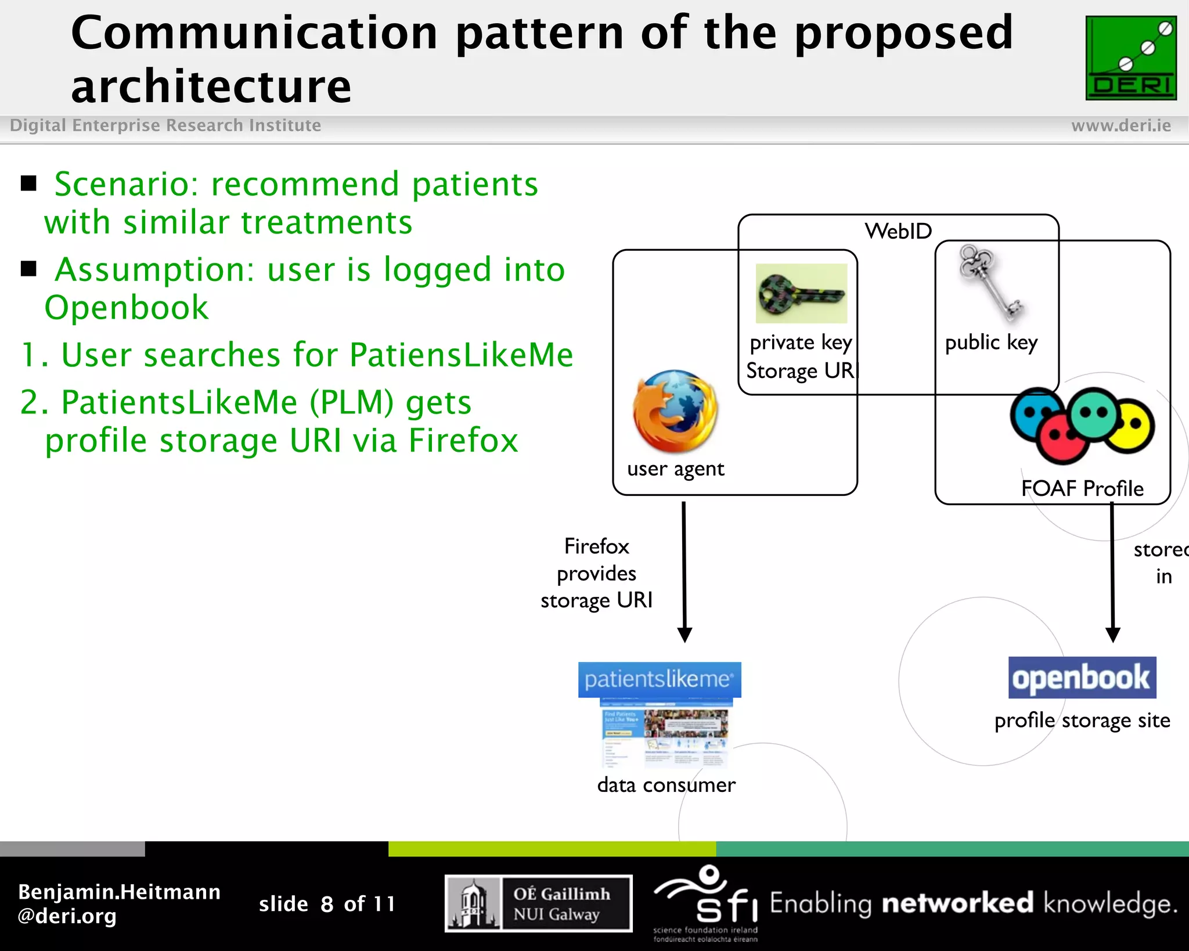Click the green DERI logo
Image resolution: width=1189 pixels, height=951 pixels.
pos(1130,58)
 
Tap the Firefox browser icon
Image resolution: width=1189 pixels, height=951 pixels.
pos(676,411)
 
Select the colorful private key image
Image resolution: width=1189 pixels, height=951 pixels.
pos(801,294)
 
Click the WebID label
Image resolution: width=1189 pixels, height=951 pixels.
pos(898,231)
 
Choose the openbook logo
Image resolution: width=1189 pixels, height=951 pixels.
pos(1082,678)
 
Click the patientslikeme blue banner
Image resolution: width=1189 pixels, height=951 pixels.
pos(660,679)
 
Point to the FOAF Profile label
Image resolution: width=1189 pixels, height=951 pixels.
pos(1082,488)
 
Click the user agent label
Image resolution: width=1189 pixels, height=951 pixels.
pos(675,469)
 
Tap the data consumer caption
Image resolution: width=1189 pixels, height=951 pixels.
pos(666,785)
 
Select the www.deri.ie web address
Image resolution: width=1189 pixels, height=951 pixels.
pos(1120,125)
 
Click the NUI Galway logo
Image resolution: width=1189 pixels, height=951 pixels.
pos(538,903)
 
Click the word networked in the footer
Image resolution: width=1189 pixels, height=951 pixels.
pos(957,903)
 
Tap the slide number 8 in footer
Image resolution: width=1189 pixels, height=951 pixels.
pos(327,904)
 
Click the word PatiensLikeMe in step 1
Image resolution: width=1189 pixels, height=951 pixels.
pos(462,355)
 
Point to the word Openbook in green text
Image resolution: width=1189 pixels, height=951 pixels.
pos(127,307)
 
